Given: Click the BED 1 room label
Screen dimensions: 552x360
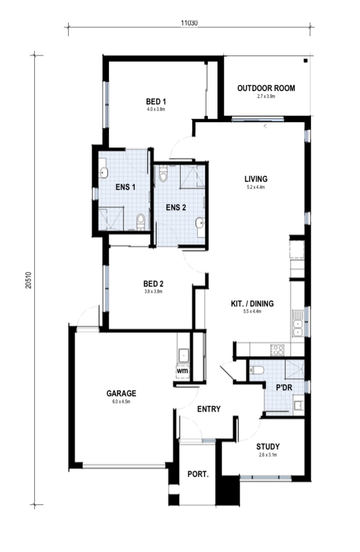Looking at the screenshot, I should (156, 101).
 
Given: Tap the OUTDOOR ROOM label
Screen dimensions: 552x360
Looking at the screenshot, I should (266, 88).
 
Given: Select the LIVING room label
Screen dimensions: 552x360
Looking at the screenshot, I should (256, 179).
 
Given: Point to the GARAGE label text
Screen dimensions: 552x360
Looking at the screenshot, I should (121, 393).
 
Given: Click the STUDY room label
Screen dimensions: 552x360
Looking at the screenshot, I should (267, 447).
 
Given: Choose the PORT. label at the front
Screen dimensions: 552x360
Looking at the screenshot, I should (197, 474).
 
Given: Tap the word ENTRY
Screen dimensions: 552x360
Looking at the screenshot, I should (208, 409).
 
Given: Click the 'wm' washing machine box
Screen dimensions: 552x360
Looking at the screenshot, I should (182, 371).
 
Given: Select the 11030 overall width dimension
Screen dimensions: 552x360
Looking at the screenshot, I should (189, 23).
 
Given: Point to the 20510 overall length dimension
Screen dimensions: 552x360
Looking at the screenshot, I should (28, 279).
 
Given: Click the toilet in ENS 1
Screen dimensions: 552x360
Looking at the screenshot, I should (141, 219).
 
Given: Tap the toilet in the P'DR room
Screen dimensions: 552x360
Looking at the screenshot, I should (257, 370).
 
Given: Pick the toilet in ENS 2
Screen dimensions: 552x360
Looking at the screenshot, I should (163, 175).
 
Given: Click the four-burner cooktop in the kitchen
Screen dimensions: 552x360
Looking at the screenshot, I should (278, 350).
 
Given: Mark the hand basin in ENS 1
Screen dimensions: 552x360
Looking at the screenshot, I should (104, 173).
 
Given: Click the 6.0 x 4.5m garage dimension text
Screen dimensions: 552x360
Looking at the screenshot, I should (121, 401).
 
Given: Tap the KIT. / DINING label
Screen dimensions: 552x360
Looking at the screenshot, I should (251, 304).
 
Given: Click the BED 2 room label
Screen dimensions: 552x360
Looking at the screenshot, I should (153, 284).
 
